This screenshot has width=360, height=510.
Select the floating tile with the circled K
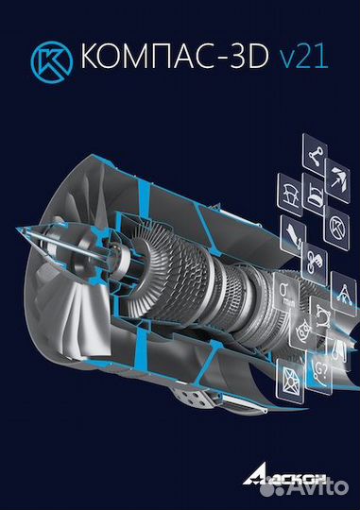pyautogui.click(x=337, y=226)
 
